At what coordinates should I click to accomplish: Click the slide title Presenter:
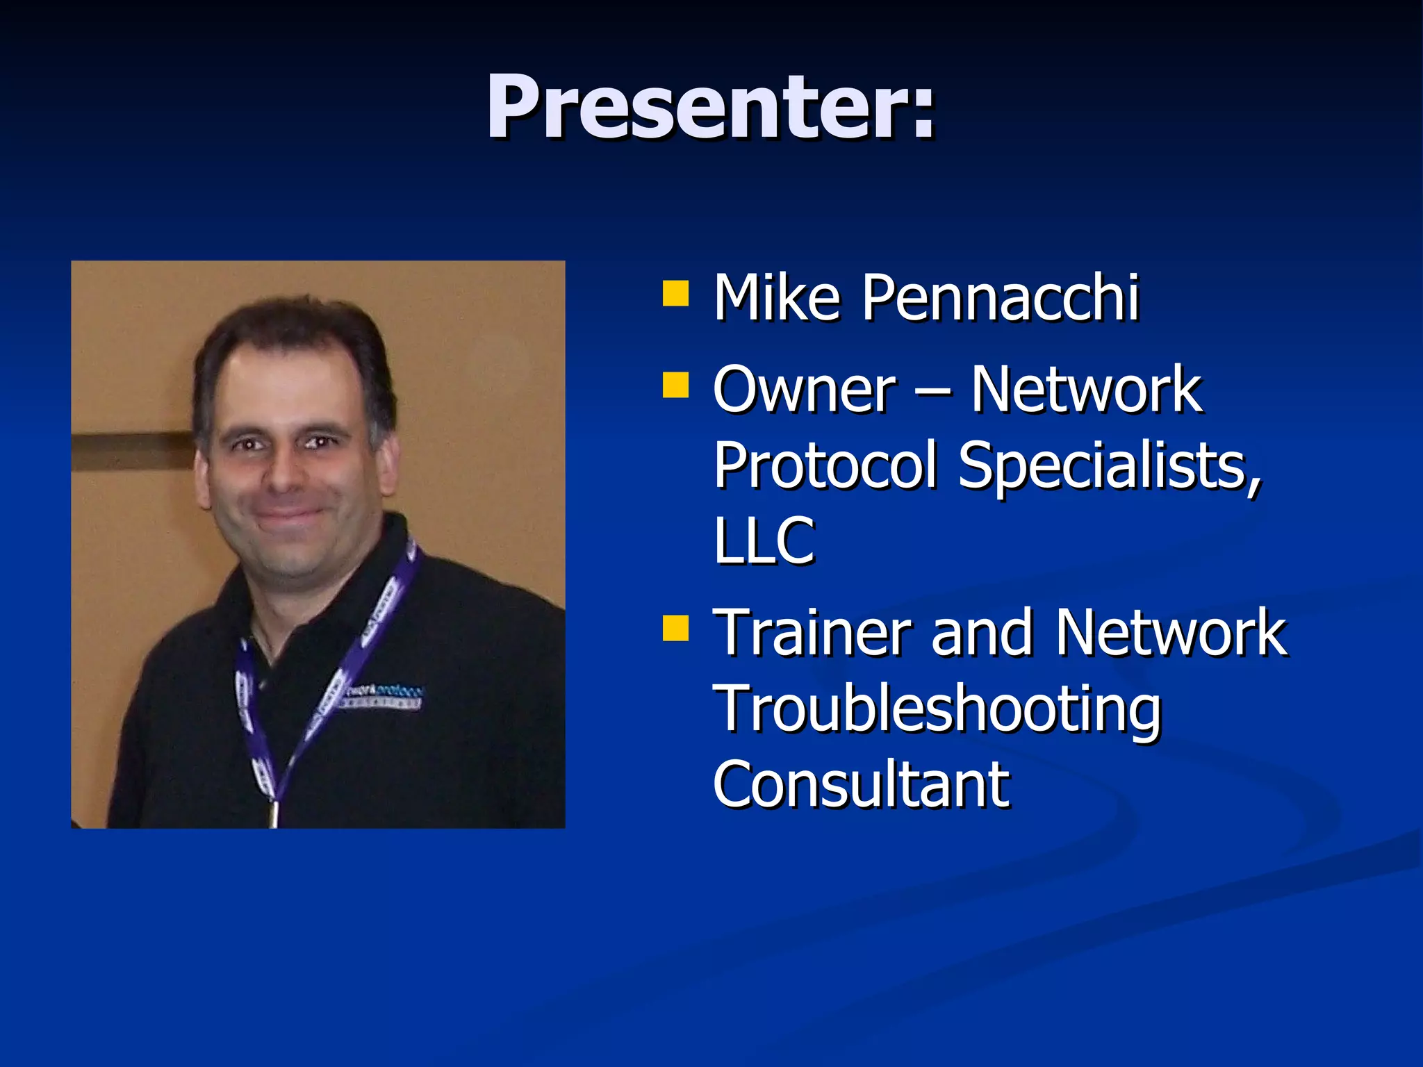click(711, 108)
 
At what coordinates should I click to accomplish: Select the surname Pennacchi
click(1001, 299)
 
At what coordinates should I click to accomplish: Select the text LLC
click(763, 541)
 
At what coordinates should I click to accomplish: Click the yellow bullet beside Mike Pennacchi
click(675, 294)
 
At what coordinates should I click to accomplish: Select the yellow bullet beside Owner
click(675, 385)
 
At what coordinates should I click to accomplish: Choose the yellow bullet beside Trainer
click(675, 627)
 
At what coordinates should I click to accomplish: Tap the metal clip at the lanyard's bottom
click(274, 813)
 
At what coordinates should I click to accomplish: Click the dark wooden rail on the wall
click(132, 451)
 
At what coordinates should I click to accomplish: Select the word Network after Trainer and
click(1170, 632)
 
